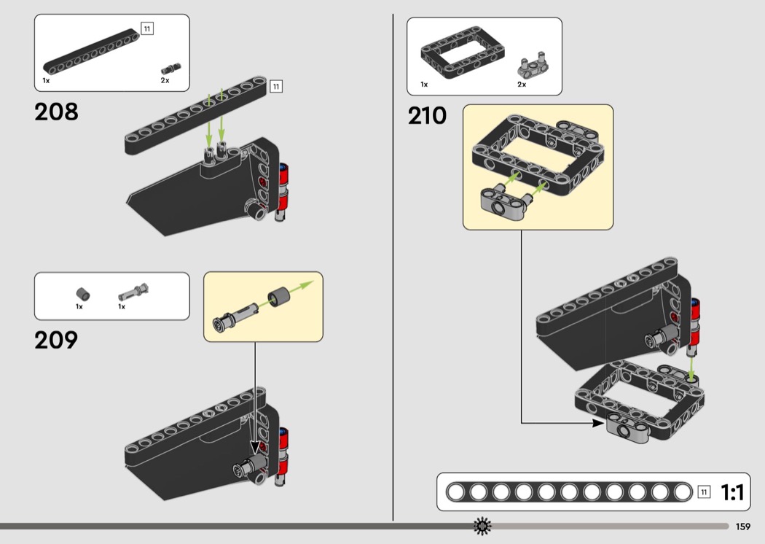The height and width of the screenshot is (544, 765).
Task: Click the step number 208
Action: point(56,112)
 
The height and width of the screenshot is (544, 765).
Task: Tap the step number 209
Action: point(56,340)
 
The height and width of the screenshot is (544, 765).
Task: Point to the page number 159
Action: point(743,526)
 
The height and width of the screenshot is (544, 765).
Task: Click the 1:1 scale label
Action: point(732,494)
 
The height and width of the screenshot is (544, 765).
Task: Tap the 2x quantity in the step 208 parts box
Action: point(165,80)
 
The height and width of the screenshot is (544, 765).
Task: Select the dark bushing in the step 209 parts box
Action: point(84,294)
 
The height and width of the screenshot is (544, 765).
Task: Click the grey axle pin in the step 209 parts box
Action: point(134,293)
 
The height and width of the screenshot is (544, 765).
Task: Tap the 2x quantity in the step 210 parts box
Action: point(522,85)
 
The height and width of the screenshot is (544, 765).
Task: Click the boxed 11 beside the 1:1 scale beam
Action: point(704,492)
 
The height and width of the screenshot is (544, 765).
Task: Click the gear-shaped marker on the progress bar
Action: point(482,526)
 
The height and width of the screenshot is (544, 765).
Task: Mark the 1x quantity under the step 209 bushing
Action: point(79,307)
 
